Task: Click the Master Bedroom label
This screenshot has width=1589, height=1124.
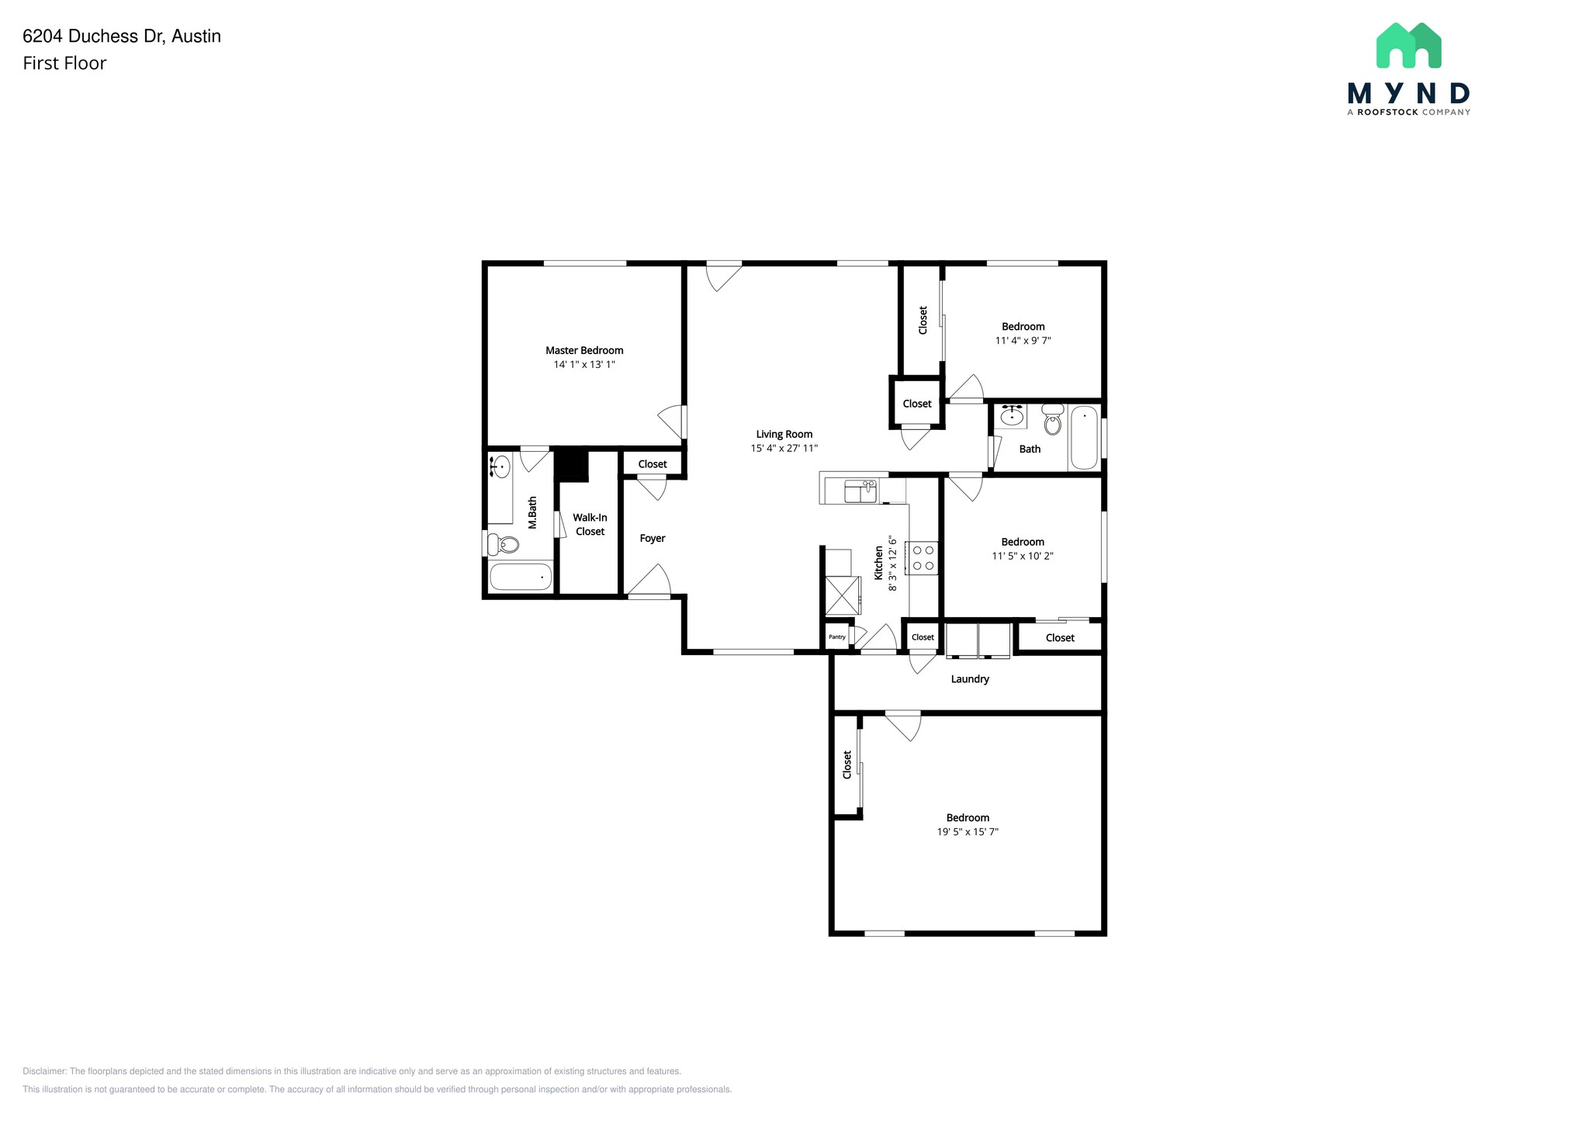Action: click(x=583, y=350)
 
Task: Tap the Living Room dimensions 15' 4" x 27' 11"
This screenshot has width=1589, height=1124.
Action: click(x=784, y=448)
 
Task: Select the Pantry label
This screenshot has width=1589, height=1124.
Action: click(x=836, y=637)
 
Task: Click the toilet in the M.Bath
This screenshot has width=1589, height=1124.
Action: click(x=504, y=544)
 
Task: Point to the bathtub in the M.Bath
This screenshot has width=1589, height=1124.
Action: click(x=521, y=577)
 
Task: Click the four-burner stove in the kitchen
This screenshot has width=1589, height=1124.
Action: click(x=923, y=557)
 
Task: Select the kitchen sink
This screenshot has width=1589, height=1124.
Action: click(x=860, y=491)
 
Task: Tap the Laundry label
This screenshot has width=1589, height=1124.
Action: click(x=969, y=679)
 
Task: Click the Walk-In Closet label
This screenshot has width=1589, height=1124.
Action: click(x=590, y=525)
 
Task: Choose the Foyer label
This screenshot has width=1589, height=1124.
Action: click(x=652, y=538)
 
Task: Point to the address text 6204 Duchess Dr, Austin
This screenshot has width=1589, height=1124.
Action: click(x=122, y=36)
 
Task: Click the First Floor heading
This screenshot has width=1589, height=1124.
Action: click(x=64, y=64)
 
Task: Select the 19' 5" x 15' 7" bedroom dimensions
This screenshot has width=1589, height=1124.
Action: click(x=967, y=831)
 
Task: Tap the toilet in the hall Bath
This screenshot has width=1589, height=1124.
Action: click(x=1052, y=420)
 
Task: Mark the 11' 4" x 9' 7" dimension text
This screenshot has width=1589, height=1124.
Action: click(x=1023, y=340)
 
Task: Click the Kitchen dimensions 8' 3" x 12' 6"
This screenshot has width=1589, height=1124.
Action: click(x=892, y=563)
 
